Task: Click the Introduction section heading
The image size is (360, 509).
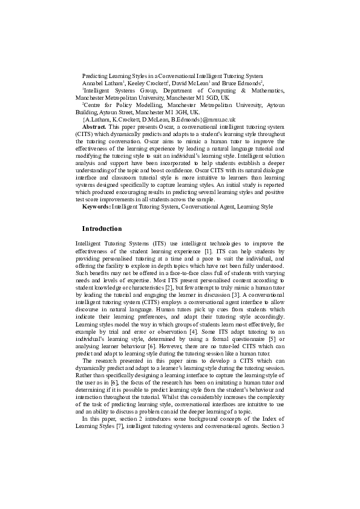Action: (x=102, y=229)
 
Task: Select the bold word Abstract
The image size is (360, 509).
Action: (x=94, y=128)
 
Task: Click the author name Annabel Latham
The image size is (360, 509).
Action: (x=102, y=82)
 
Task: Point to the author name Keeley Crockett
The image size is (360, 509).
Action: (x=148, y=82)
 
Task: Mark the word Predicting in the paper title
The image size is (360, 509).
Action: (x=95, y=75)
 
